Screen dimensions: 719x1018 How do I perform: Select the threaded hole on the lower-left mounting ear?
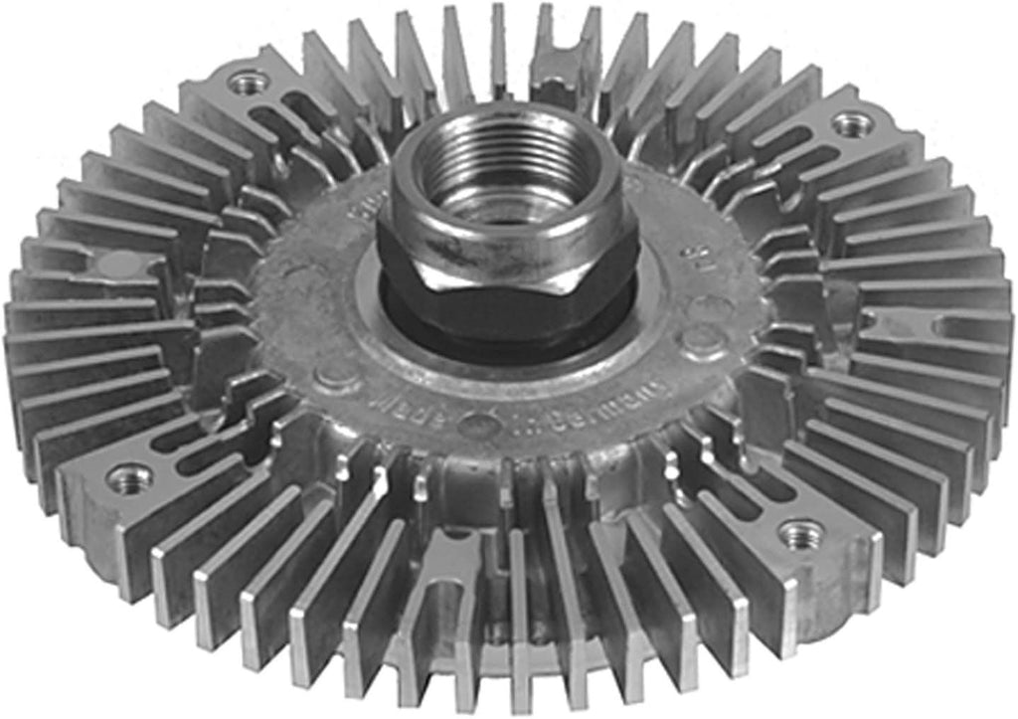pos(129,477)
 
